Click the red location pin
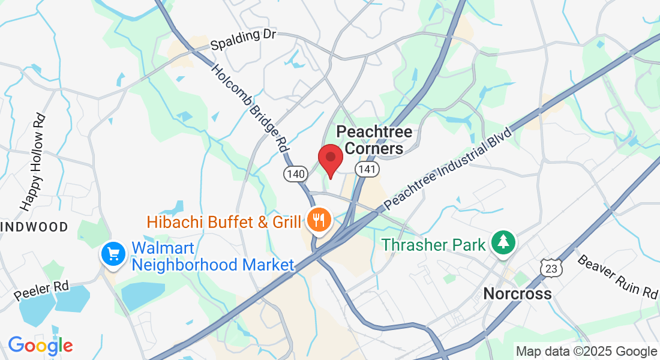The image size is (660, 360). pyautogui.click(x=330, y=159)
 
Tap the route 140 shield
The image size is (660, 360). pyautogui.click(x=296, y=174)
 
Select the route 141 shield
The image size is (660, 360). pyautogui.click(x=367, y=170)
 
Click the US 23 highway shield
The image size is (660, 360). pyautogui.click(x=550, y=268)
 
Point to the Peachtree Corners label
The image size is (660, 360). pyautogui.click(x=374, y=139)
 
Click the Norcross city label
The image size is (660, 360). pyautogui.click(x=517, y=293)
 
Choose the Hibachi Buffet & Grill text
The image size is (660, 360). pyautogui.click(x=224, y=223)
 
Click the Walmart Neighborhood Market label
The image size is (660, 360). pyautogui.click(x=213, y=256)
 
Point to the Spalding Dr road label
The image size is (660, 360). pyautogui.click(x=243, y=40)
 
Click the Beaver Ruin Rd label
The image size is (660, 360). pyautogui.click(x=617, y=276)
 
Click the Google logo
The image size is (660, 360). pyautogui.click(x=40, y=345)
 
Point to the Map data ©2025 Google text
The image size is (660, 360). pyautogui.click(x=586, y=352)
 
